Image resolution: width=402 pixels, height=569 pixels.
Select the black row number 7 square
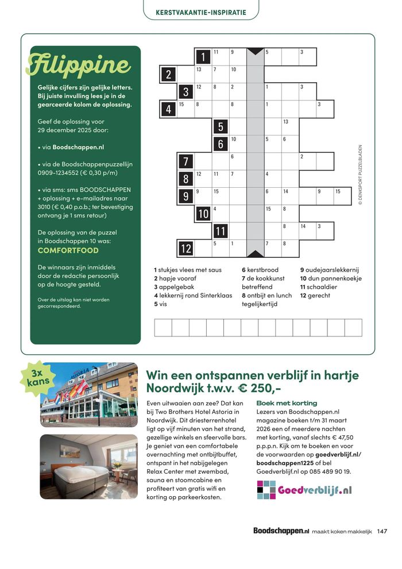[185, 161]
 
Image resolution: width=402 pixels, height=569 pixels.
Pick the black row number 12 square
[185, 248]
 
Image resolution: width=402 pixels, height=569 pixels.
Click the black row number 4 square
[168, 109]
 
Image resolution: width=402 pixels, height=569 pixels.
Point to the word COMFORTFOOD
[68, 250]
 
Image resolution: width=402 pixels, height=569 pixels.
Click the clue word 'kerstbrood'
[265, 269]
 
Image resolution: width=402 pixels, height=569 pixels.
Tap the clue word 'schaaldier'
[323, 287]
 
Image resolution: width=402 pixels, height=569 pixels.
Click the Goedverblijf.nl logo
[304, 490]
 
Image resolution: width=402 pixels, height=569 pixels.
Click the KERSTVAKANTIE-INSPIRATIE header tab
[201, 12]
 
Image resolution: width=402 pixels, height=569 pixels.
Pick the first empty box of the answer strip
[163, 327]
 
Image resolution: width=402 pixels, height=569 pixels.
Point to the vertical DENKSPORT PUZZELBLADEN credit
[361, 175]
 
